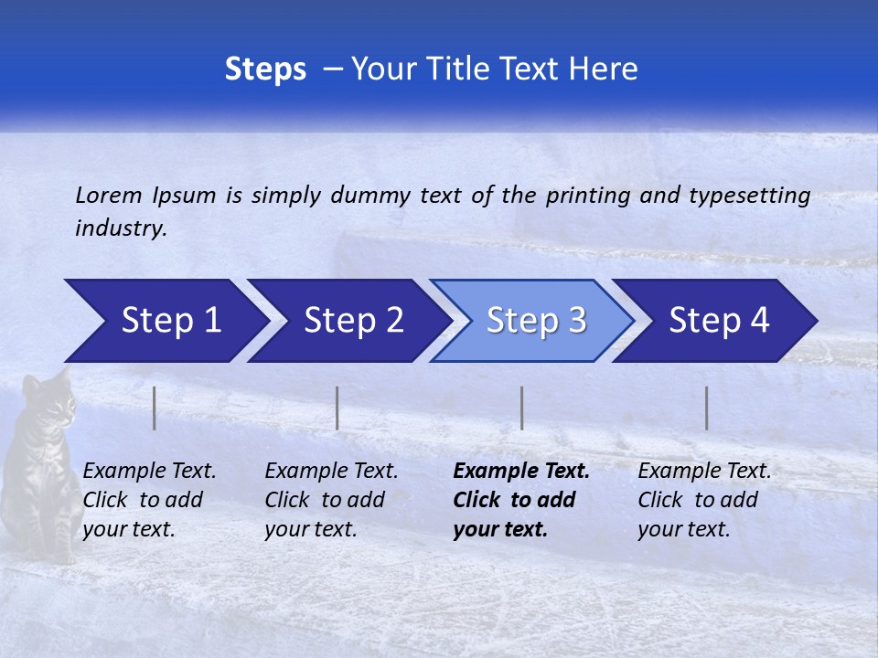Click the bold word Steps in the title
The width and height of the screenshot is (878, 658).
pos(265,69)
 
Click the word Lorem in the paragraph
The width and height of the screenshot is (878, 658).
pos(108,196)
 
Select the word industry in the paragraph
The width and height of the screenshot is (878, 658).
pos(120,228)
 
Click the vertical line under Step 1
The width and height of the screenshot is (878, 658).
pos(155,408)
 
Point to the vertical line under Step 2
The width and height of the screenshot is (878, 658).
pos(337,408)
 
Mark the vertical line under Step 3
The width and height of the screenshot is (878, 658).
pos(521,408)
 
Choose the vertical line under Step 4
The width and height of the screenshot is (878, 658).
pos(706,408)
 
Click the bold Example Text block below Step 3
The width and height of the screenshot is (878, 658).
pos(520,500)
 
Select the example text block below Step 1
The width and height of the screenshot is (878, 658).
pos(149,500)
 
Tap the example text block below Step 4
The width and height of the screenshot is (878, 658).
pos(704,500)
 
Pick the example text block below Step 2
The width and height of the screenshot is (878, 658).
pos(331,500)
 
